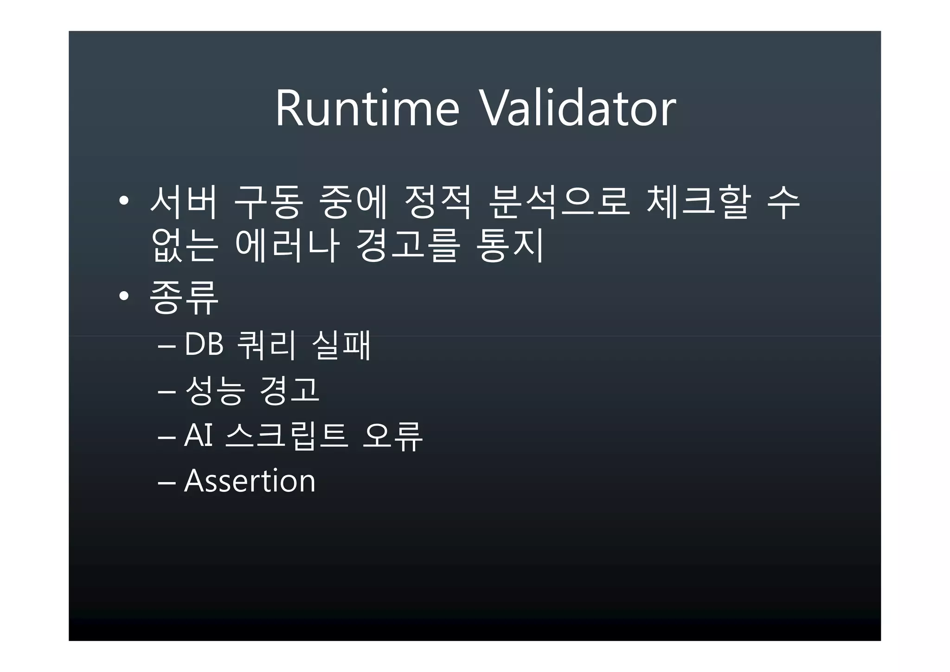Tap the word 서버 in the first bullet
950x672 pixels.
tap(184, 202)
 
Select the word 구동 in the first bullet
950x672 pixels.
tap(269, 202)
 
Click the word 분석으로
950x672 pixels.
tap(559, 202)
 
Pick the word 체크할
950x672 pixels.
tap(698, 202)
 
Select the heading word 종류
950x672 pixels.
tap(184, 297)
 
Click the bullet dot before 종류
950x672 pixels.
tap(123, 296)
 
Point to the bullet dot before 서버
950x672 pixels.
tap(123, 201)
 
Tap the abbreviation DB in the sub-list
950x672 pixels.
tap(204, 345)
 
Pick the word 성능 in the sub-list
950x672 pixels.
tap(214, 390)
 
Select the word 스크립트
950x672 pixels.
tap(286, 436)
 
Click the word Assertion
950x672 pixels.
tap(250, 481)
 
